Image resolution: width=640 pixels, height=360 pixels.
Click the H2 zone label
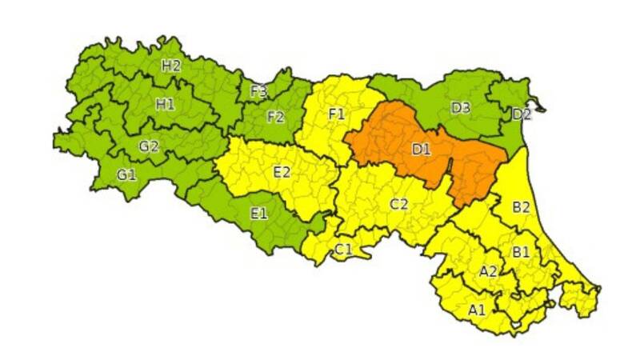coord(170,66)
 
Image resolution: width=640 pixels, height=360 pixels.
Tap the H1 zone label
coord(166,103)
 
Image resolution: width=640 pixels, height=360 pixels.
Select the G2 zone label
coord(149,146)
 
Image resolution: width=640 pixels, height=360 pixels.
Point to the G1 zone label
coord(126,174)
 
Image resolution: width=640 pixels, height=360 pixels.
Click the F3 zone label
coord(258,91)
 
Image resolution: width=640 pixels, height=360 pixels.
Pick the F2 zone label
coord(275,117)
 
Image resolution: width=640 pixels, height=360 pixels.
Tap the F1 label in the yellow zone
coord(337,114)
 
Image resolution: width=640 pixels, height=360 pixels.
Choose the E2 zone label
coord(282,171)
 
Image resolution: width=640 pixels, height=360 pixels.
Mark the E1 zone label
coord(258,213)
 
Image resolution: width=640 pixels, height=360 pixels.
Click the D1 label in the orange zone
coord(422,149)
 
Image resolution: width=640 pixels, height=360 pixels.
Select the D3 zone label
coord(460,107)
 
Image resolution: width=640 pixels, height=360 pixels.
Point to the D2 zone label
coord(522,114)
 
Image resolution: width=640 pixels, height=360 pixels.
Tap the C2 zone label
coord(399,204)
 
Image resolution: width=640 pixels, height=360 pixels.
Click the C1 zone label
coord(343,250)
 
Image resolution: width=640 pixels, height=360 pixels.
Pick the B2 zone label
coord(522,207)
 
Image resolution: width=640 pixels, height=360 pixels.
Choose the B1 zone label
coord(522,252)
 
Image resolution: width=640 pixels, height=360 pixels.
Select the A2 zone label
coord(488,271)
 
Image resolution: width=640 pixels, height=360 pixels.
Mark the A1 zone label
coord(477,310)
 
